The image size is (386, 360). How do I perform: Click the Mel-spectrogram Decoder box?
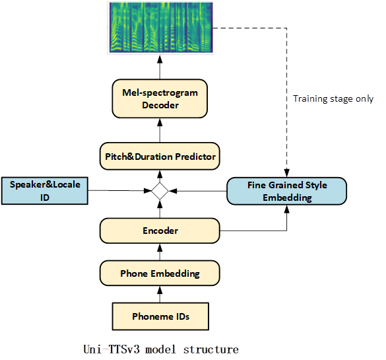160,98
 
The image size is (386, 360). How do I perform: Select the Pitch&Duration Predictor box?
160,157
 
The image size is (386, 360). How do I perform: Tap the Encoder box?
160,231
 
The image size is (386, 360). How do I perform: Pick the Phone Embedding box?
160,273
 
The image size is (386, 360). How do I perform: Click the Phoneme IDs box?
160,316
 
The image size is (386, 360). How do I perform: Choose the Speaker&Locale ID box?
45,191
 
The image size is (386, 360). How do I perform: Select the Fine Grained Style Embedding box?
287,191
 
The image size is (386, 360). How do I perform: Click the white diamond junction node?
160,191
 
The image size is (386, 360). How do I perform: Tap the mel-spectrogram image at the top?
161,27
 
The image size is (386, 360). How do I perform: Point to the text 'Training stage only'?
333,98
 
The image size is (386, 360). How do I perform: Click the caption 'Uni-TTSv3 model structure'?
161,349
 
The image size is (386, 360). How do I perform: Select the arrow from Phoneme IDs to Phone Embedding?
160,294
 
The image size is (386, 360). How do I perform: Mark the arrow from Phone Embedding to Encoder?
160,252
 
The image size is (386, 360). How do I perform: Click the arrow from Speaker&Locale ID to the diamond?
119,190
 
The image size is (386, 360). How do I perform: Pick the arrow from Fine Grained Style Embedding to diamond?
198,191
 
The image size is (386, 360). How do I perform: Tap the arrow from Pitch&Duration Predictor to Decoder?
160,130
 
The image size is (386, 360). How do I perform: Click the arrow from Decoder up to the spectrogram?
160,67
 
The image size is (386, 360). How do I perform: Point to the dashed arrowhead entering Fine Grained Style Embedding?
287,172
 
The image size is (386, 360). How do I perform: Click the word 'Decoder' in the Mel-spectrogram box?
160,105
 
